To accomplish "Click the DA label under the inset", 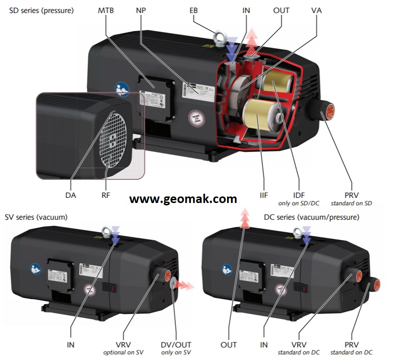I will pos(71,196).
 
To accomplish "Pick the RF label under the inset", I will pos(106,196).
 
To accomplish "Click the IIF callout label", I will pos(264,196).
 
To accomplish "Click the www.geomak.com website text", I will pos(183,199).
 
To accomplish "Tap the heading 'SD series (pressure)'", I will pos(41,10).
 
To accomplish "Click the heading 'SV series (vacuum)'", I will pos(36,217).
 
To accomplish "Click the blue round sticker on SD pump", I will pos(122,90).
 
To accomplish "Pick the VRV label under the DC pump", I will pos(300,345).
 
